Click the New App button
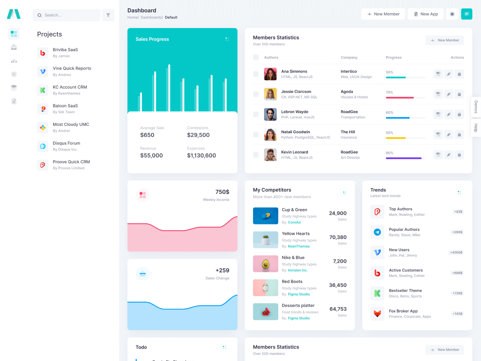(x=426, y=14)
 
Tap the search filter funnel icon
(x=108, y=15)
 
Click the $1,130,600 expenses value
(x=201, y=156)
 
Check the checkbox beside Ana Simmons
(x=256, y=74)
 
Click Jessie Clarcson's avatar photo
(x=270, y=94)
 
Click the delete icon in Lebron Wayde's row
(x=459, y=114)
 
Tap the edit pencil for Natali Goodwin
(x=449, y=134)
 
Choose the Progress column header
(x=393, y=57)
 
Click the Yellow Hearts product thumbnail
(x=265, y=240)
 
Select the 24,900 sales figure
(x=338, y=213)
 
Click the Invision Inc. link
(x=297, y=270)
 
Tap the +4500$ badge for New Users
(x=457, y=252)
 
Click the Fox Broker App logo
(x=377, y=313)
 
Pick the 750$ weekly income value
(x=222, y=192)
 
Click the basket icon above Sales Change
(x=142, y=274)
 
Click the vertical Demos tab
(x=476, y=107)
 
